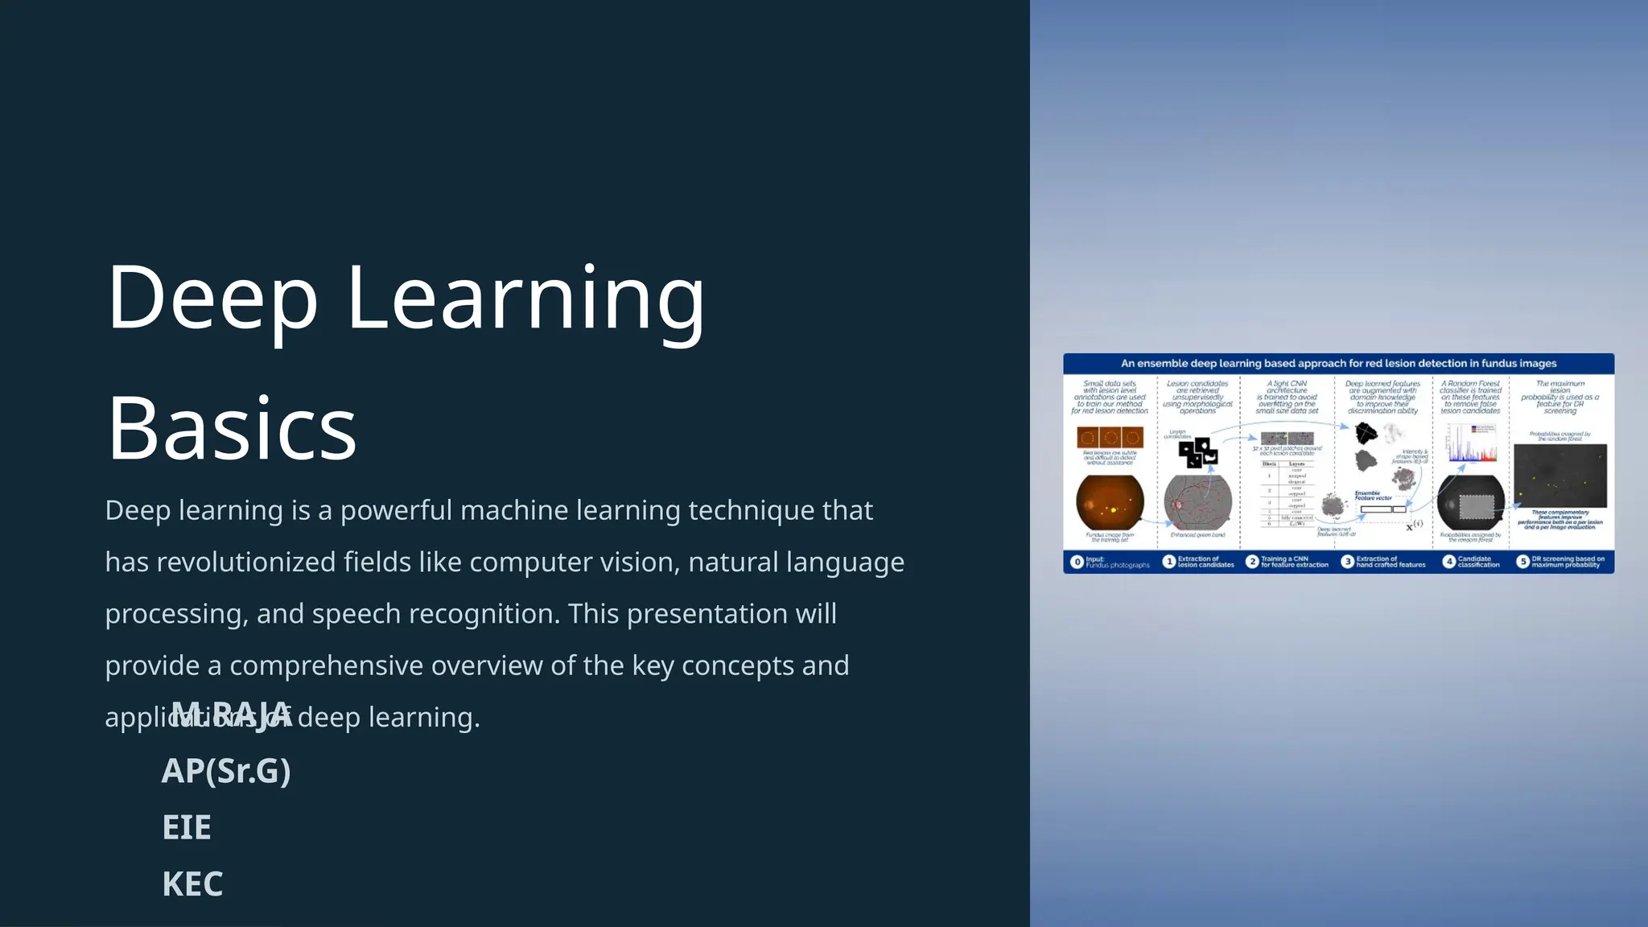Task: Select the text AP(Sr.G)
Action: click(226, 771)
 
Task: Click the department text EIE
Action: click(187, 828)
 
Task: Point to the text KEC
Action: click(192, 884)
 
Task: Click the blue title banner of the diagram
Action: click(1338, 364)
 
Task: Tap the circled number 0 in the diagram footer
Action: click(1077, 562)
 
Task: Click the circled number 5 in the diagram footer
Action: click(1522, 562)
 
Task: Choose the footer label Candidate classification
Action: click(1478, 562)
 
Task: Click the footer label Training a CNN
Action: click(1293, 562)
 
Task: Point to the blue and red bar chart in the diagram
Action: click(1472, 443)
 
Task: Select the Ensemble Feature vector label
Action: click(1373, 496)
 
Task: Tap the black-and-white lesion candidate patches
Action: click(1198, 451)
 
